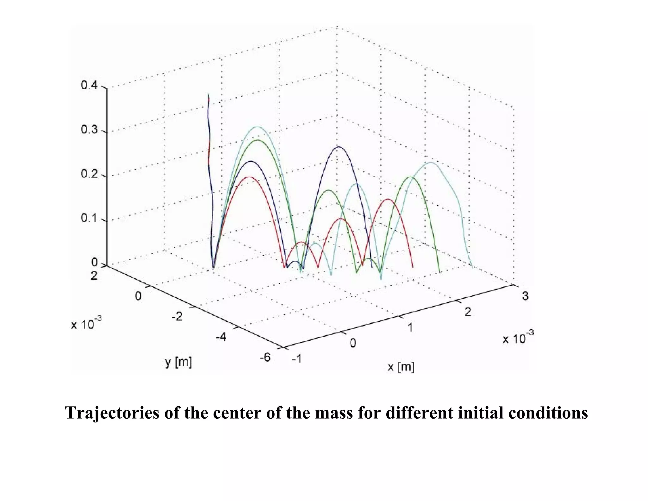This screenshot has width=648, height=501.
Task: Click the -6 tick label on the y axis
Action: pyautogui.click(x=265, y=357)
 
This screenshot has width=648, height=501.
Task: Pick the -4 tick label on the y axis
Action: pyautogui.click(x=221, y=337)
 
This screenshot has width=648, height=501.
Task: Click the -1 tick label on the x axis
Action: pyautogui.click(x=296, y=359)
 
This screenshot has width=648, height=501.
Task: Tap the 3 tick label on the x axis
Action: pyautogui.click(x=525, y=296)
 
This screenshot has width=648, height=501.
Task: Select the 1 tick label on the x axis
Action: pyautogui.click(x=410, y=327)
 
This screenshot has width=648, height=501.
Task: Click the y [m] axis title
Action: pyautogui.click(x=178, y=362)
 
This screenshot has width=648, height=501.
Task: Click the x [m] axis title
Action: pyautogui.click(x=401, y=367)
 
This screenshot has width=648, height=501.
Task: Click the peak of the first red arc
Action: pyautogui.click(x=249, y=177)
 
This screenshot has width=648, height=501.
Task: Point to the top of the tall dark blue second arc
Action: pyautogui.click(x=339, y=147)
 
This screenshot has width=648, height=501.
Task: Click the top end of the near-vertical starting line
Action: pyautogui.click(x=208, y=94)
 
